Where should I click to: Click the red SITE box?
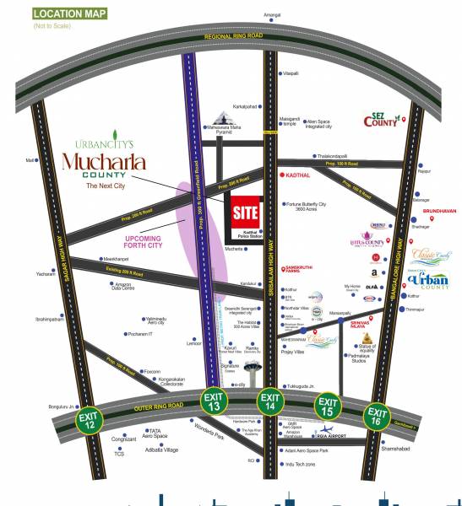click(x=245, y=211)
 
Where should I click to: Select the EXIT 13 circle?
click(x=213, y=402)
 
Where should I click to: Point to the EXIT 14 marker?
click(x=270, y=402)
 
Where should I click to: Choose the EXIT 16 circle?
click(x=378, y=416)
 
